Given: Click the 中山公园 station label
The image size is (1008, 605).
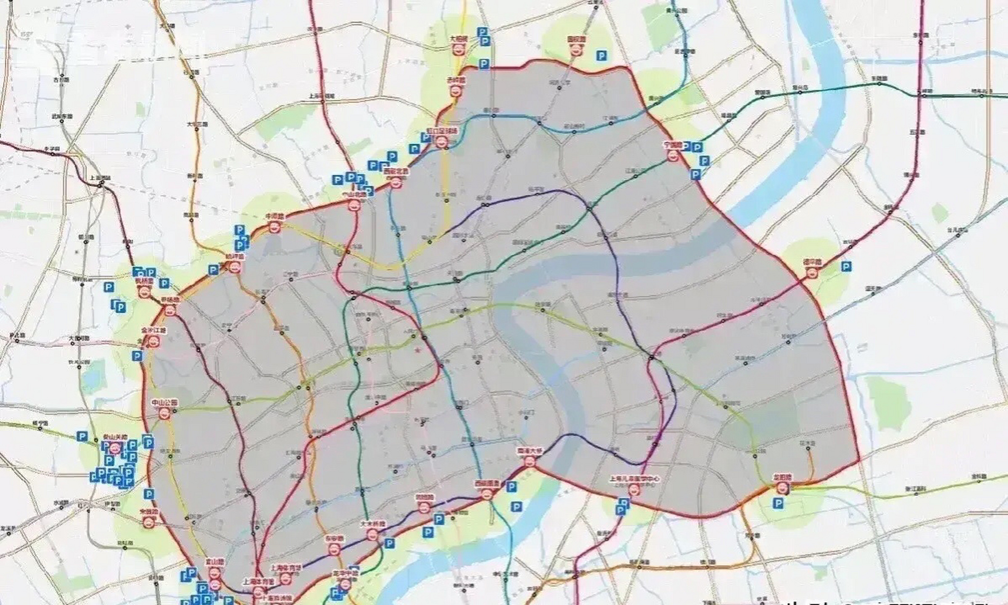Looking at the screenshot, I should [164, 403].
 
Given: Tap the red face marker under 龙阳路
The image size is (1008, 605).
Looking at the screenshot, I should [782, 488].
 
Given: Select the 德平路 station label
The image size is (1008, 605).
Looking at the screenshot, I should [812, 262].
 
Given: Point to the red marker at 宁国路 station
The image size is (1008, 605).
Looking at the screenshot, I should [672, 156].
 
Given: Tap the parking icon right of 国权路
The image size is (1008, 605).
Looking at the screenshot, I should [601, 56].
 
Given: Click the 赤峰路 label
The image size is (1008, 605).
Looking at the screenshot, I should [457, 80].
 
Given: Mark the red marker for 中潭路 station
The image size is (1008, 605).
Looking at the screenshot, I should [274, 227].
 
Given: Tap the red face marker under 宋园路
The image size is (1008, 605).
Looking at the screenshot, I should [149, 522].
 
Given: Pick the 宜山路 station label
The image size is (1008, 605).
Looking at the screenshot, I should [214, 562].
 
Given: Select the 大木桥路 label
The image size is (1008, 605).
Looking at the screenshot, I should [373, 524].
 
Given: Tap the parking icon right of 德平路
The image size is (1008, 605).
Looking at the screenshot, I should [846, 267].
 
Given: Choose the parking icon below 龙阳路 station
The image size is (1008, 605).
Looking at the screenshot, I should [778, 504].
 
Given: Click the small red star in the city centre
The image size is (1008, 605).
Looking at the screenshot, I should [417, 350].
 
